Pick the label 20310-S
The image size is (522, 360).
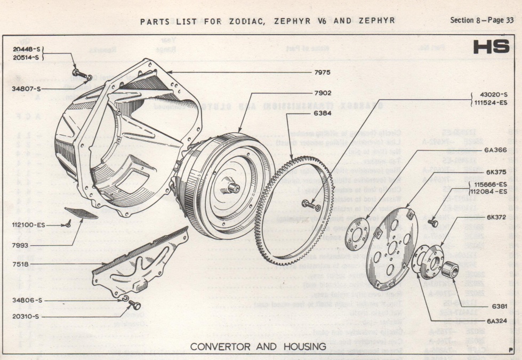(28, 316)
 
